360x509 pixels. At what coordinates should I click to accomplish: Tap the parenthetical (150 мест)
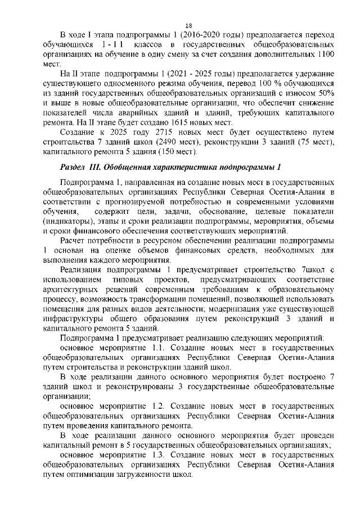[170, 152]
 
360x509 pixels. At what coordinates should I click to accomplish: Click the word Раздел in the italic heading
[74, 169]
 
